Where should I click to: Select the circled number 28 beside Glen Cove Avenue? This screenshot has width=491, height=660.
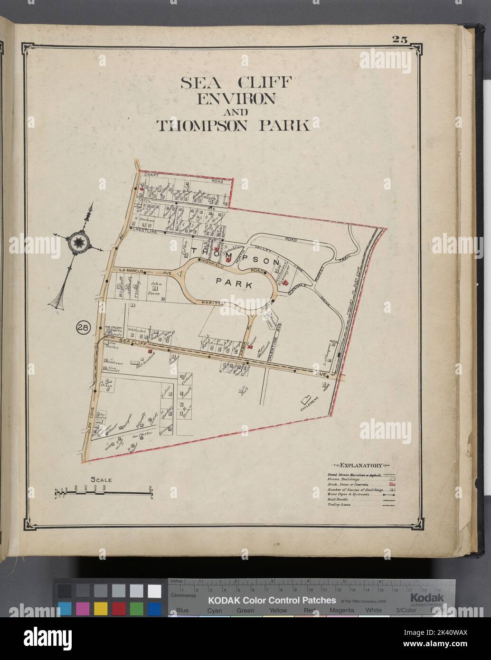coord(83,327)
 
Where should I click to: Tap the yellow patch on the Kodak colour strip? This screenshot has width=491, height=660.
coord(100,608)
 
